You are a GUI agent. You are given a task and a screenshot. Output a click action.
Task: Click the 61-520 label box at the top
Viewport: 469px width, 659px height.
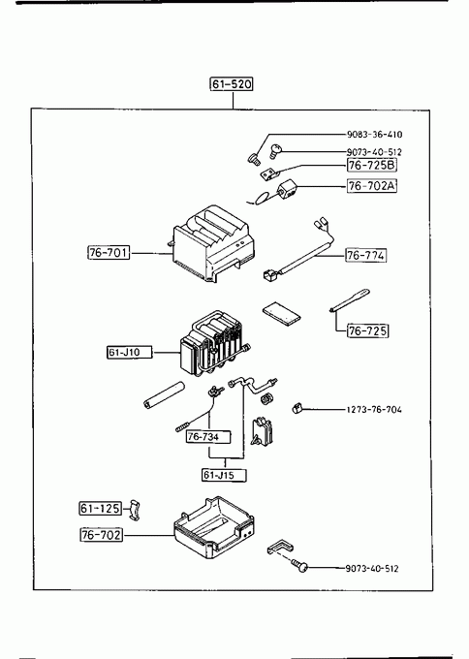point(232,84)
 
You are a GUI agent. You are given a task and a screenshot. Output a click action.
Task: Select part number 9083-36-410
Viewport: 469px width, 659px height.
point(374,135)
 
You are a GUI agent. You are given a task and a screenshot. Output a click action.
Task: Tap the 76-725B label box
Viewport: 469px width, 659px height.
point(372,165)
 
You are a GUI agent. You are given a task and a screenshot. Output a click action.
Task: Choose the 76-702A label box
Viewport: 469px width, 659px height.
point(372,186)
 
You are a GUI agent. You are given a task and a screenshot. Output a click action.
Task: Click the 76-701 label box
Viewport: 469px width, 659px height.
point(109,253)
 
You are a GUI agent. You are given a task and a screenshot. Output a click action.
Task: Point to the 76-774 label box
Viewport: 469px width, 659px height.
point(366,255)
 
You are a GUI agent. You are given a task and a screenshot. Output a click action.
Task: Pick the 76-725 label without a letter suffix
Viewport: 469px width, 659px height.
point(367,330)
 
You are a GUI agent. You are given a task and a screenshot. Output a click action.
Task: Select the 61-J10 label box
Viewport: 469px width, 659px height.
point(130,352)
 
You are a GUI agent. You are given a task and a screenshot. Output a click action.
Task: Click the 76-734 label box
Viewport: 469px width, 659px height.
point(208,437)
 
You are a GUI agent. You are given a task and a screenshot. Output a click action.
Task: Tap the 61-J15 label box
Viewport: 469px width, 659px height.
point(224,475)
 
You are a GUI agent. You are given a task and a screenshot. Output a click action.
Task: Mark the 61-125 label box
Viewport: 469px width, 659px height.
point(101,509)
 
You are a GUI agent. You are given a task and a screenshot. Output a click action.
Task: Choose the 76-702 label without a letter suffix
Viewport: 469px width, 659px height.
point(102,535)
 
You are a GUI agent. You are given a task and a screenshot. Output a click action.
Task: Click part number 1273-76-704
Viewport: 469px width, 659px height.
point(374,409)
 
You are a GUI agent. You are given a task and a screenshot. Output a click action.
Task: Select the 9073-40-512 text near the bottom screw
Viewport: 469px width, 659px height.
point(372,569)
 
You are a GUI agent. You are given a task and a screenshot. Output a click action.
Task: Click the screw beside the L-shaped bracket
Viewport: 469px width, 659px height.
point(301,566)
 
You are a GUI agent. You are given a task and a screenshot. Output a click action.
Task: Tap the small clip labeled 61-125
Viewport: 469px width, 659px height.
point(134,510)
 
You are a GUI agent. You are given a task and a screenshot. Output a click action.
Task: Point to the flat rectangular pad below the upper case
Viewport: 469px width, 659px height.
point(282,314)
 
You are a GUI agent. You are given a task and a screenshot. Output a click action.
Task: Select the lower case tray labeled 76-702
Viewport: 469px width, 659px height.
point(214,528)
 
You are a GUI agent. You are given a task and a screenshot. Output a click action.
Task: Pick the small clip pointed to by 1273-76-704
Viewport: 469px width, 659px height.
point(297,408)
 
